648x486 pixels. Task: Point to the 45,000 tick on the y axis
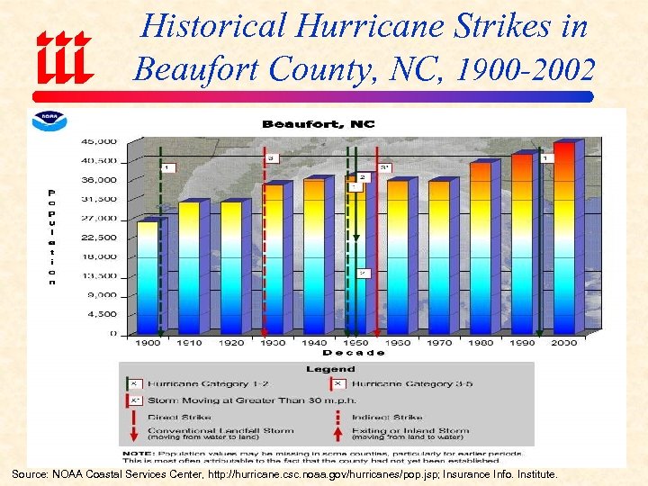99,141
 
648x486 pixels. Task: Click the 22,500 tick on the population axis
99,238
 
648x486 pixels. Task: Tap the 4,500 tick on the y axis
101,314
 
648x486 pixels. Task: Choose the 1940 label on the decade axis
313,343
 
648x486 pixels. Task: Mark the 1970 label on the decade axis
438,343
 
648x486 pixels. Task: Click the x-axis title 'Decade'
354,353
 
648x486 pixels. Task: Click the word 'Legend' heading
329,369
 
